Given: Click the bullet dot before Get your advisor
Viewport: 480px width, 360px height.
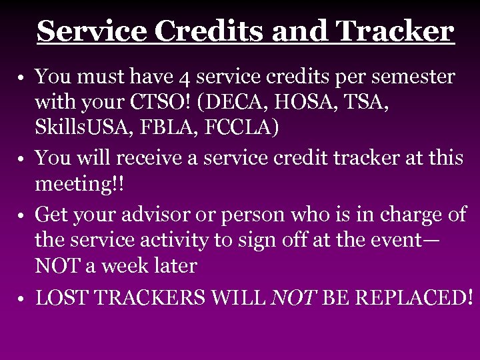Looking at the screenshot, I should [x=22, y=216].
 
